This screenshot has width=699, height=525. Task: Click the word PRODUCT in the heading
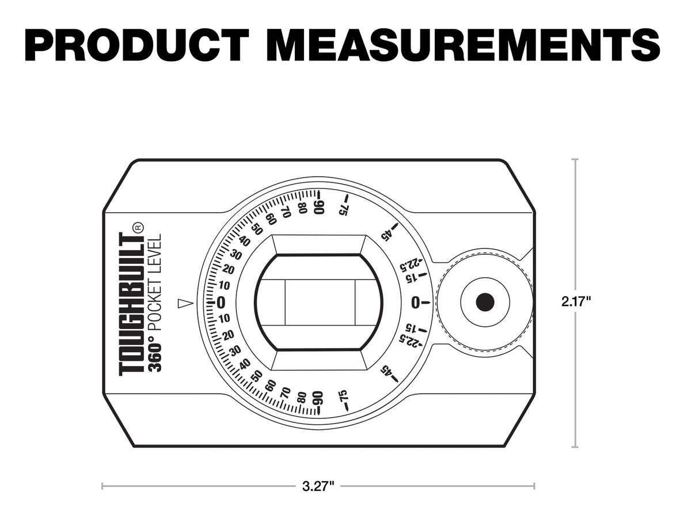tap(137, 44)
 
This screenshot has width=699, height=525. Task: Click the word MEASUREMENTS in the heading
tap(464, 44)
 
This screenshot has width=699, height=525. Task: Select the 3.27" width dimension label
tap(318, 486)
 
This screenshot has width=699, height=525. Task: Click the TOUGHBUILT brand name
tap(131, 304)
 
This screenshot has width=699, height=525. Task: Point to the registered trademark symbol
tap(138, 227)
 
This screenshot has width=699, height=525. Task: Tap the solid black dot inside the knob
tap(485, 301)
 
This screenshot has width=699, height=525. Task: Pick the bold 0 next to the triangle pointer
tap(221, 303)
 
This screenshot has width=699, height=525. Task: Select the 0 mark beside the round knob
tap(416, 302)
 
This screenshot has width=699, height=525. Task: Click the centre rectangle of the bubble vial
tap(320, 303)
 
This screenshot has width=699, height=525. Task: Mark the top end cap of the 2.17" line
tap(575, 160)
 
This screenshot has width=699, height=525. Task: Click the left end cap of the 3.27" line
tap(102, 486)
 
